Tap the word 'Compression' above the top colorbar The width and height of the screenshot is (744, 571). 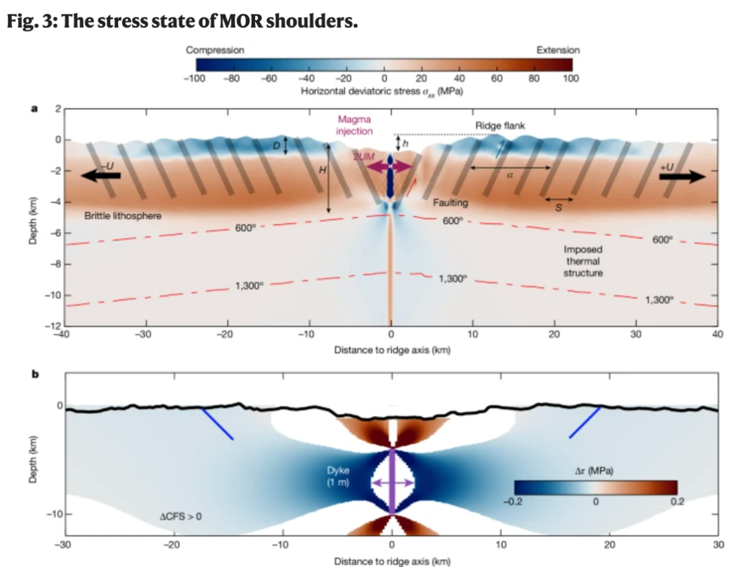point(215,50)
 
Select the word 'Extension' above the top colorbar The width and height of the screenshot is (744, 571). point(557,50)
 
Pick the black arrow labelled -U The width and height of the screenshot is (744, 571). point(102,175)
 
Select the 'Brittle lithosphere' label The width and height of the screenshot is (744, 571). point(124,216)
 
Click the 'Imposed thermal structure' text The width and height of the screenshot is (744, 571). point(583,261)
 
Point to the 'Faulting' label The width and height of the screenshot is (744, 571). point(451,201)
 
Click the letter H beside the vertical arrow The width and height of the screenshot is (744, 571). point(322,170)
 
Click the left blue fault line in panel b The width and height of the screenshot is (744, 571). point(217,423)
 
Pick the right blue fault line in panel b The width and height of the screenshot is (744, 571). point(585,422)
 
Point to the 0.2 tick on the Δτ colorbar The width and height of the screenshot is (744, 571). point(676,502)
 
